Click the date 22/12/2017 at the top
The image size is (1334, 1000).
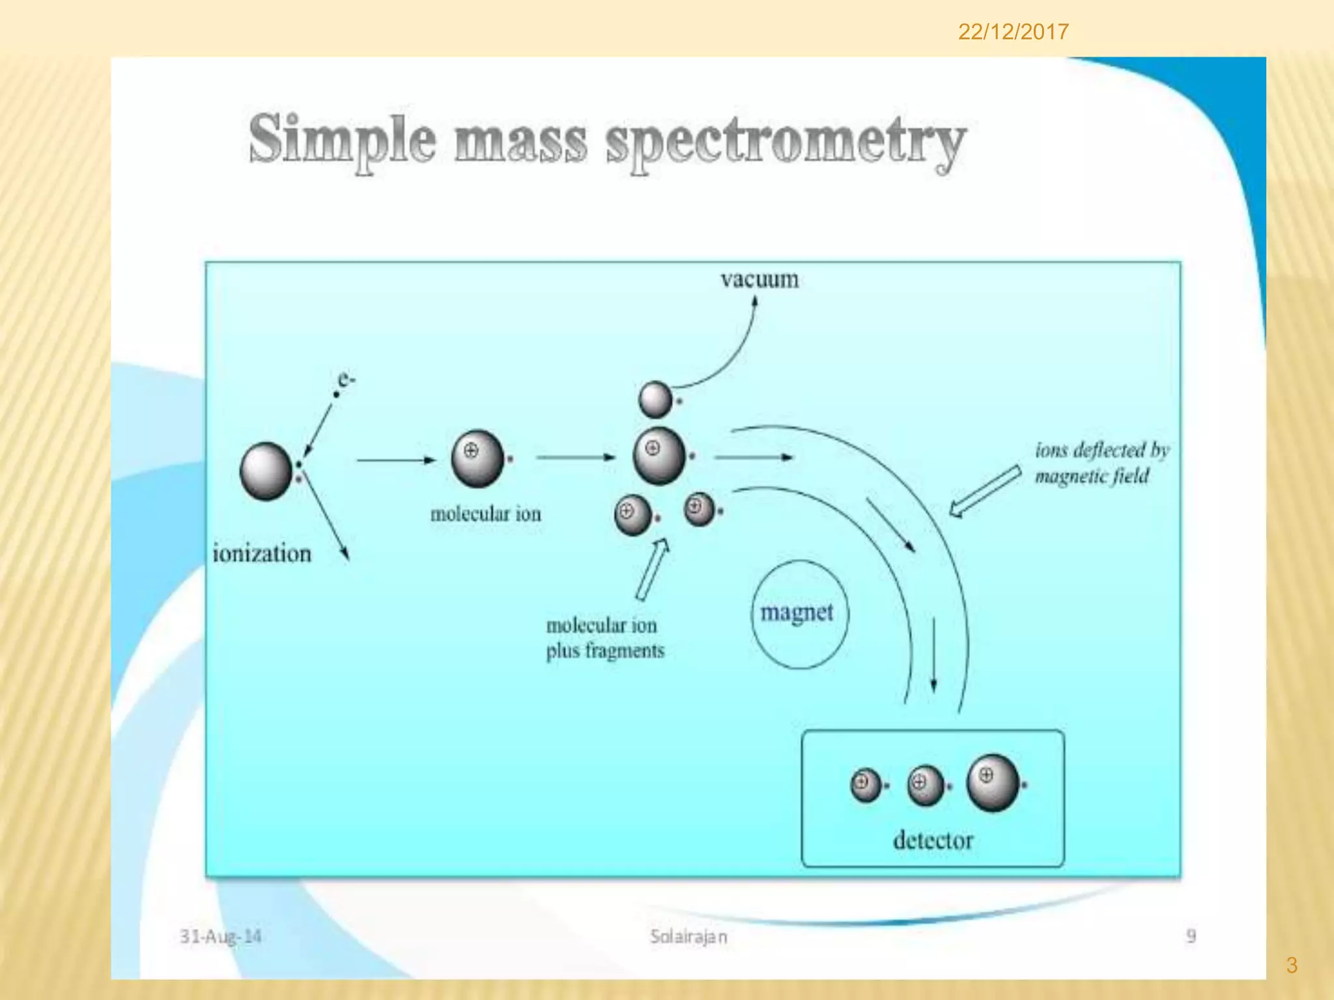[x=1013, y=32]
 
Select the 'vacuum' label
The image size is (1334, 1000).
[x=759, y=279]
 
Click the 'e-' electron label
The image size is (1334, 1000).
[x=346, y=379]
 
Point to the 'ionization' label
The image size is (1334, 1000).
[x=262, y=553]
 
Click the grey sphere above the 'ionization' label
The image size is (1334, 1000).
[x=266, y=471]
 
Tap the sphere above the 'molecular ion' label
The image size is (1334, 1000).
[x=477, y=458]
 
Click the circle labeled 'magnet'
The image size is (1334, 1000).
[x=799, y=614]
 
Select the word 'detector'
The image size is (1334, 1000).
[x=933, y=840]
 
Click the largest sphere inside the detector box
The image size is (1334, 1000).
[x=993, y=783]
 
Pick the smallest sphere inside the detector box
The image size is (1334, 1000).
[x=866, y=785]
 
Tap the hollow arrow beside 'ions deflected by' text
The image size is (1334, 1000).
[x=984, y=491]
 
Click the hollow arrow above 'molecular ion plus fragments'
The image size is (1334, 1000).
[x=652, y=569]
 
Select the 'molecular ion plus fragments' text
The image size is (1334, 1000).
[x=604, y=638]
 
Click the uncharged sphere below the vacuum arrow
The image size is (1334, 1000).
[x=655, y=399]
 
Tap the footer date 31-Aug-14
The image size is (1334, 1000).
[x=220, y=936]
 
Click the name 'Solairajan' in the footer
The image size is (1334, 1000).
[x=688, y=936]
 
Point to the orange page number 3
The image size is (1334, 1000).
[x=1292, y=965]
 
